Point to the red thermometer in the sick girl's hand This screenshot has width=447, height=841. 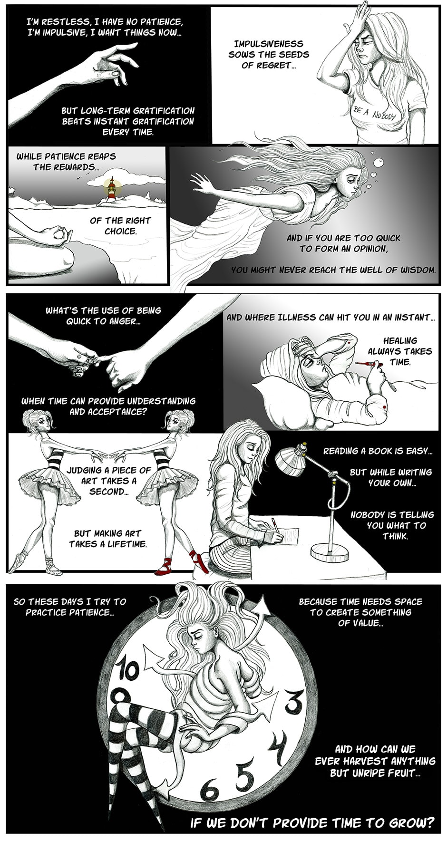(x=368, y=365)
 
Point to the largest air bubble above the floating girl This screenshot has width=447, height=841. (x=379, y=163)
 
